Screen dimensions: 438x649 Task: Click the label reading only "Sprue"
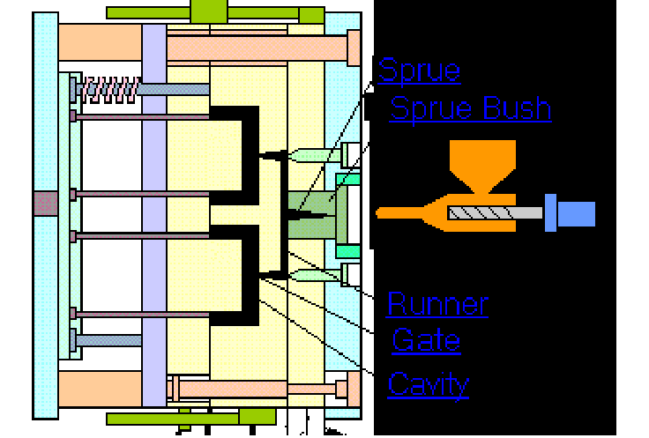419,71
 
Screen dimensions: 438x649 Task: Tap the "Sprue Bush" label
470,109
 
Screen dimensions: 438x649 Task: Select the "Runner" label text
437,305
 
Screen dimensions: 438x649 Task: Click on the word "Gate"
426,340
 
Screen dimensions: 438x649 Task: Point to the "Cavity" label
429,384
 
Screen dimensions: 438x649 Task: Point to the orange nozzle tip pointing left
401,212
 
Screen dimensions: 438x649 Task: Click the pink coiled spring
108,87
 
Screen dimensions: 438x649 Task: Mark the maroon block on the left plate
45,204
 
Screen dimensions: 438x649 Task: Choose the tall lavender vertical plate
153,212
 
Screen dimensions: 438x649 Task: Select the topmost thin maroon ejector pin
141,115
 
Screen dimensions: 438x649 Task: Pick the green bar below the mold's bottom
212,418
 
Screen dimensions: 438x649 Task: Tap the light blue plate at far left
45,106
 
